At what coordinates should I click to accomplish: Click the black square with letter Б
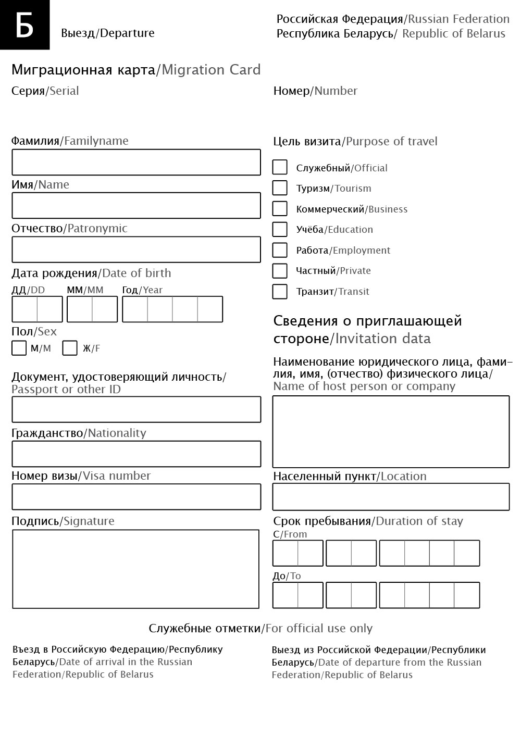click(x=24, y=24)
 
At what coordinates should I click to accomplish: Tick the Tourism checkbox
click(x=280, y=188)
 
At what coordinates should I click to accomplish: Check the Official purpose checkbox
click(x=280, y=167)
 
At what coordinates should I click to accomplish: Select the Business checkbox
click(x=280, y=208)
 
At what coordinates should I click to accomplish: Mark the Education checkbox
click(x=280, y=229)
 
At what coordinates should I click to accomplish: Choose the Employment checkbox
click(x=280, y=250)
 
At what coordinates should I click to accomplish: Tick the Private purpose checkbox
click(x=280, y=271)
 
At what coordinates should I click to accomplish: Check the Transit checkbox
click(x=280, y=291)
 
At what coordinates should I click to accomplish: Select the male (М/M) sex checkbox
click(x=19, y=348)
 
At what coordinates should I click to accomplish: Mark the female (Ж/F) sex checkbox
click(x=70, y=348)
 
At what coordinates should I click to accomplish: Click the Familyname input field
click(x=136, y=163)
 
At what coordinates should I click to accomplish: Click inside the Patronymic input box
click(x=136, y=249)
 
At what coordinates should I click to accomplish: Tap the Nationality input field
click(x=136, y=454)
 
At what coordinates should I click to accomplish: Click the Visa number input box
click(x=136, y=497)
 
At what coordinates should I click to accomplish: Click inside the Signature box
click(x=135, y=569)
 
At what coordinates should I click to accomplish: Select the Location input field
click(x=391, y=497)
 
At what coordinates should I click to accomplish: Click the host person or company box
click(x=391, y=432)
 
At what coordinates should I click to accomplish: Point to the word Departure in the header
click(x=127, y=33)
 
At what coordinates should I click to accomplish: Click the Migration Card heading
click(x=136, y=70)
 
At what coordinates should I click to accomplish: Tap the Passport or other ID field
click(x=136, y=409)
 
